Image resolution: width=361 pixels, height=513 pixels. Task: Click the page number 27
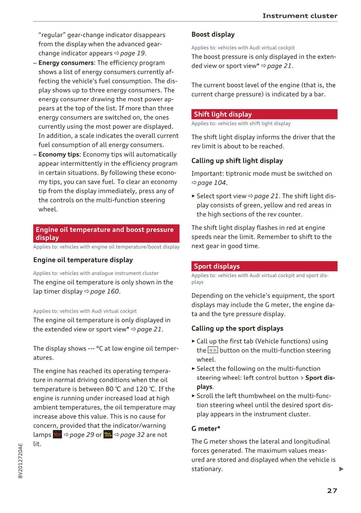332,491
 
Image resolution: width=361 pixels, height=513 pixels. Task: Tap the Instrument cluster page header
300,16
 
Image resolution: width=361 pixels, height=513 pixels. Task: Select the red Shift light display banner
264,114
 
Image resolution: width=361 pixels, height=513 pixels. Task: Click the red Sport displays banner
264,266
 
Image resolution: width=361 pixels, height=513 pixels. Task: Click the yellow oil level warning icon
108,435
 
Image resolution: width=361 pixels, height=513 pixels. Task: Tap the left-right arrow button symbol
213,350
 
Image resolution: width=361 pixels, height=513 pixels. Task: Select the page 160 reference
105,292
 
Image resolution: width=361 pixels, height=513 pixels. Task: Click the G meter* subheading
206,429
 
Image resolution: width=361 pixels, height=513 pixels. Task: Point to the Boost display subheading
213,35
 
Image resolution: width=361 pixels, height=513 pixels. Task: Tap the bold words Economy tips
59,154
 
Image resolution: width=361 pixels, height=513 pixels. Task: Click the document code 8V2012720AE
21,461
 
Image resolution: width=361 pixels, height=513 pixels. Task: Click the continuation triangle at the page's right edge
341,469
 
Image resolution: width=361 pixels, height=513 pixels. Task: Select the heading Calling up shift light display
237,161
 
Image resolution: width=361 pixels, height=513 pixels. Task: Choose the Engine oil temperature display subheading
83,260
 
